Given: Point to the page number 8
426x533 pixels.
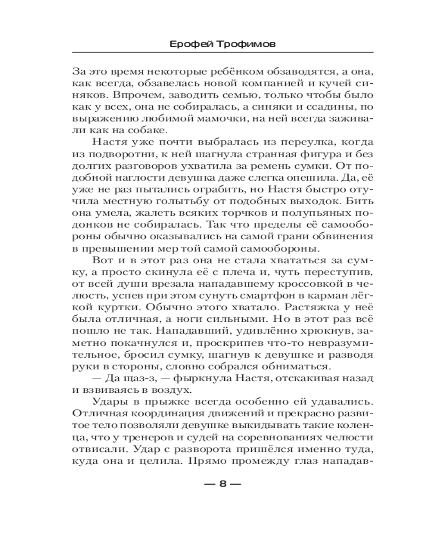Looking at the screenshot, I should tap(223, 484).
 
